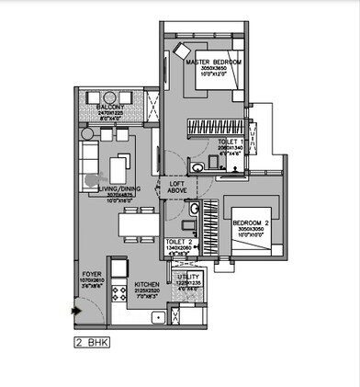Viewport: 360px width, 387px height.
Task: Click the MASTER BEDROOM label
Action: [x=213, y=62]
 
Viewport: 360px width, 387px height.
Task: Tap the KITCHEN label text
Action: [x=147, y=286]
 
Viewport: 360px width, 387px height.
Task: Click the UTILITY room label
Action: [x=187, y=276]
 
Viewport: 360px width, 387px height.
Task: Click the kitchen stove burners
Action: [x=118, y=294]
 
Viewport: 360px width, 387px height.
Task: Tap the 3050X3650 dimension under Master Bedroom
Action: [x=213, y=69]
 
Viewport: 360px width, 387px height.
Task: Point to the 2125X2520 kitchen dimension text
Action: [x=147, y=292]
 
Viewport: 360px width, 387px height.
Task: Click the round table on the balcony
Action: [x=117, y=134]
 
